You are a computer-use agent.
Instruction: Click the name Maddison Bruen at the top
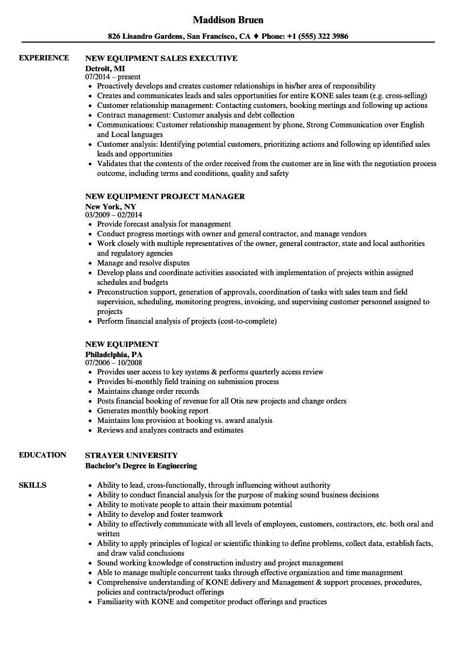228,20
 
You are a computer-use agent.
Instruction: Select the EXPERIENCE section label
44,58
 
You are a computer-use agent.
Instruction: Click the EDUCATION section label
43,455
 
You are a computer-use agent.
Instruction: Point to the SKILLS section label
32,485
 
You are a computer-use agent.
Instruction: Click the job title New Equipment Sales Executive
161,58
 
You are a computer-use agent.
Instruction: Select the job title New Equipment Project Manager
165,196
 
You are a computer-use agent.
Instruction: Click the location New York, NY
111,206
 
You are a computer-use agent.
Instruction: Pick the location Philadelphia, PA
114,354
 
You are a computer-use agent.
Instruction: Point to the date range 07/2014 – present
113,77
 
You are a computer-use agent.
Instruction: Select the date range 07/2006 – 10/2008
114,363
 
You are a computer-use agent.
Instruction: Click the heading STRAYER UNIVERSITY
132,455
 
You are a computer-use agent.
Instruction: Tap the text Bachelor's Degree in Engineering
141,465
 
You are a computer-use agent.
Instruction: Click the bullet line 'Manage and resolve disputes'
144,263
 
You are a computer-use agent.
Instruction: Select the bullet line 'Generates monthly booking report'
153,411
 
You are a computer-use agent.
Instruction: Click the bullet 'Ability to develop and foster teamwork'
160,514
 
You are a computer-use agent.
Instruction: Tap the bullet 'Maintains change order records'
148,391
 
